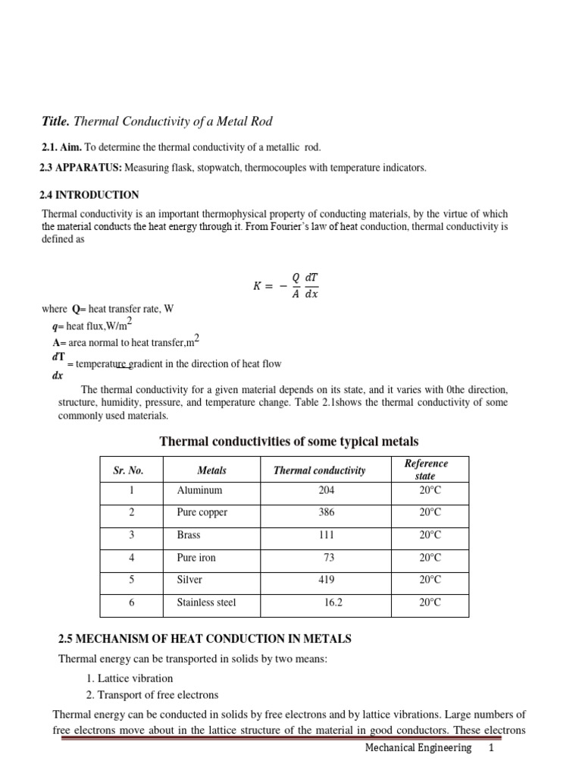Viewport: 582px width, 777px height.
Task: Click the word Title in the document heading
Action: coord(55,121)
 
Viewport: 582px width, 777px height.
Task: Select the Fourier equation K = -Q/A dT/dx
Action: coord(286,285)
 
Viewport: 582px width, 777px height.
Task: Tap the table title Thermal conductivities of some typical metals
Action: coord(288,442)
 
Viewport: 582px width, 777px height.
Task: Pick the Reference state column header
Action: coord(426,470)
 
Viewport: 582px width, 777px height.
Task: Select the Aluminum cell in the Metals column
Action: coord(199,491)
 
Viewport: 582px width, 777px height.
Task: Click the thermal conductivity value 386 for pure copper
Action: coord(326,513)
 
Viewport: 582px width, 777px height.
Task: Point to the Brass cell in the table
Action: coord(189,535)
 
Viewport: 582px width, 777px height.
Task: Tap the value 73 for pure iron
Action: coord(329,558)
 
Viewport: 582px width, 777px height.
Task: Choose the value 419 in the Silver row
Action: coord(326,580)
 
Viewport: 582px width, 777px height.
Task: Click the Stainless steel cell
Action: coord(206,602)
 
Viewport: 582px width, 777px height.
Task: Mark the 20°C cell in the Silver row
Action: coord(429,580)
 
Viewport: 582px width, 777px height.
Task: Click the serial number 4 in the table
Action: coord(132,558)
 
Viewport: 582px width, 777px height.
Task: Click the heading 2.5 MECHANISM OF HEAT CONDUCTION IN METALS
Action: coord(205,640)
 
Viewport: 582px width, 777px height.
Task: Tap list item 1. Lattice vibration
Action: coord(129,678)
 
